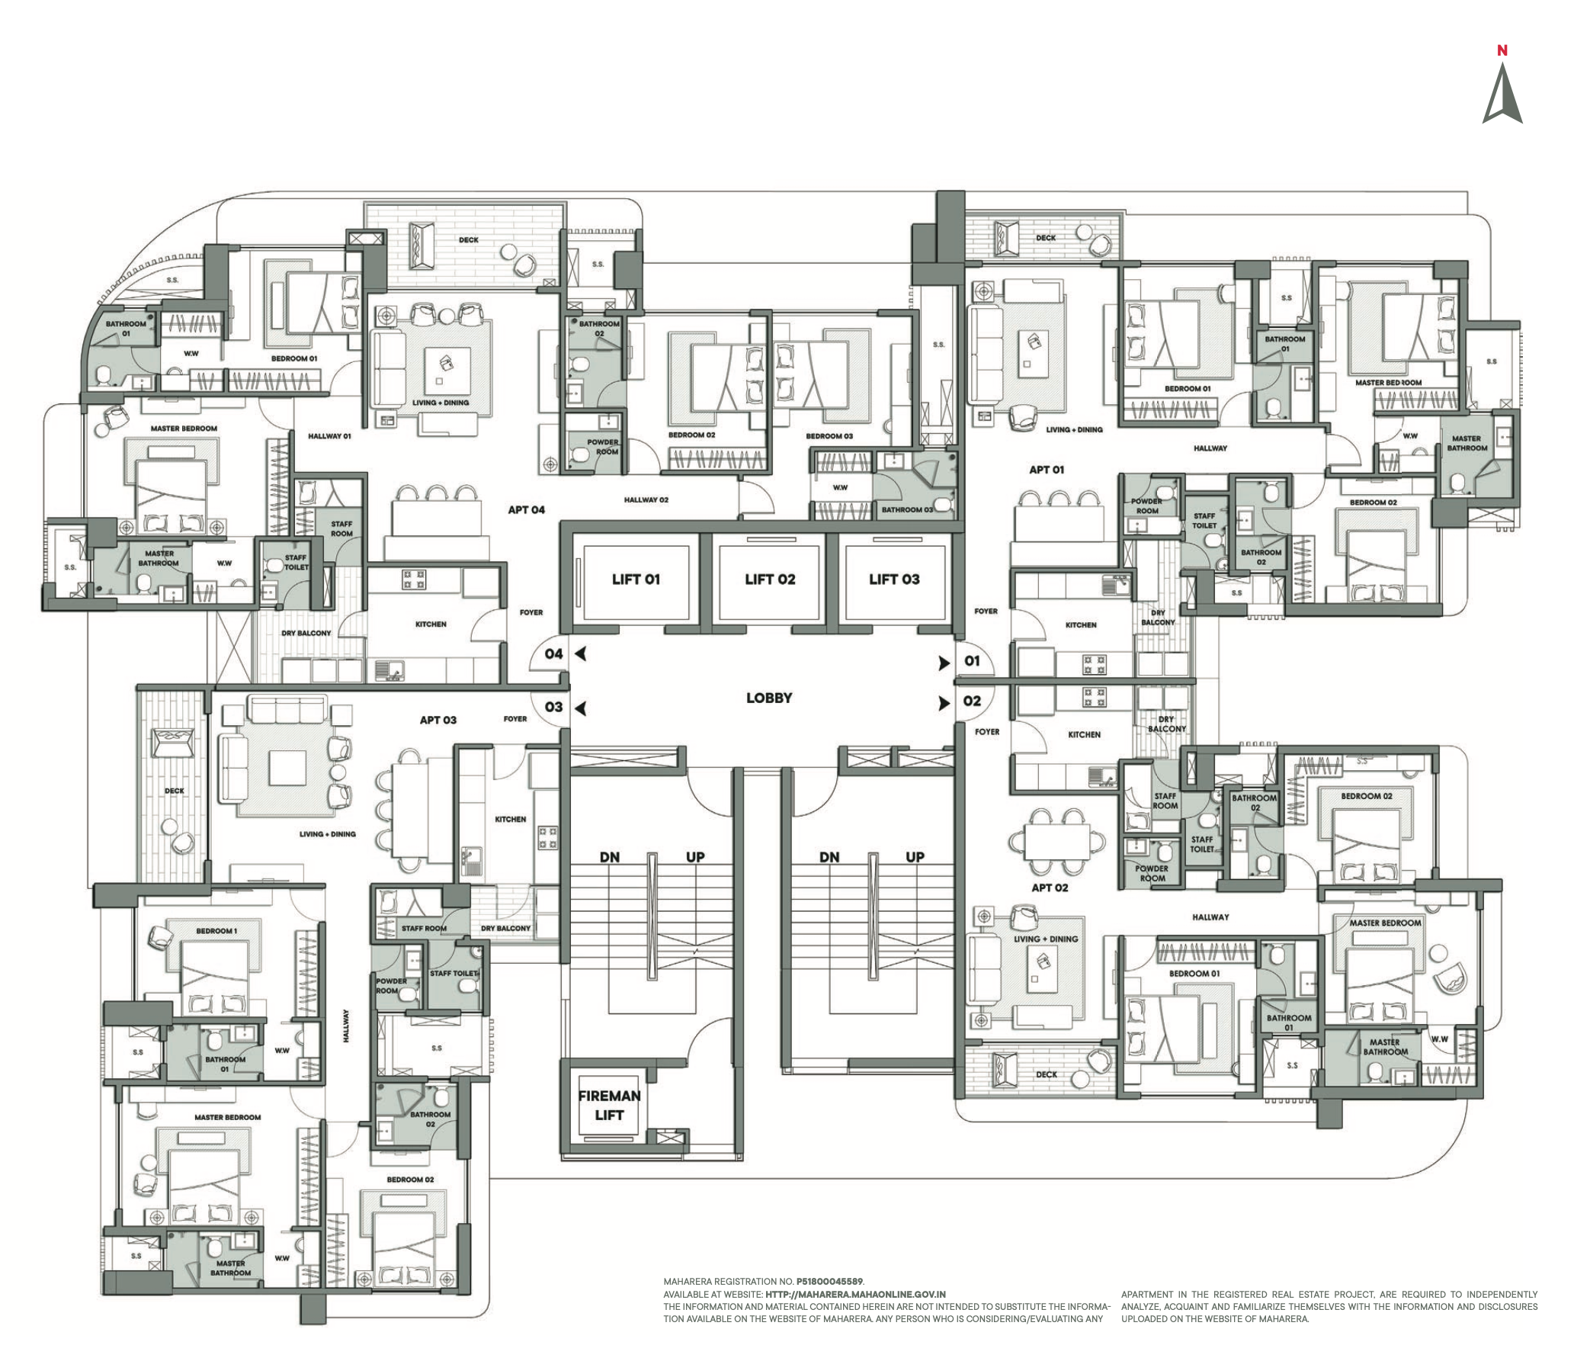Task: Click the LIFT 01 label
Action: tap(635, 579)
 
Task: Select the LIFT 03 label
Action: tap(894, 579)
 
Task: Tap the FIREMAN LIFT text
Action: tap(609, 1106)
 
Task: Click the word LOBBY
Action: tap(768, 698)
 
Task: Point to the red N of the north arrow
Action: tap(1502, 51)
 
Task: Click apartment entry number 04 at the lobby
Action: tap(553, 654)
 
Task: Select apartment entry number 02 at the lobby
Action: tap(972, 701)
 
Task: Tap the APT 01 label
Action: tap(1046, 470)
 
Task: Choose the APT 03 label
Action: tap(438, 720)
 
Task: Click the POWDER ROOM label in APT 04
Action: tap(603, 447)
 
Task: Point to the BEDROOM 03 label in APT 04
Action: tap(829, 436)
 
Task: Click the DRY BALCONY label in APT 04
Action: tap(306, 633)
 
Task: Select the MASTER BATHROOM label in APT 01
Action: tap(1467, 443)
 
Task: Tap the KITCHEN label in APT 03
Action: tap(510, 819)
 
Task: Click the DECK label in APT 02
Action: tap(1046, 1074)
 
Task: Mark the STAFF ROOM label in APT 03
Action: tap(424, 928)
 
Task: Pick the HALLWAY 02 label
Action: tap(646, 500)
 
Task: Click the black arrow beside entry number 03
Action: tap(581, 708)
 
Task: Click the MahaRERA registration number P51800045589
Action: tap(830, 1282)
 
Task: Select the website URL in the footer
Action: tap(855, 1294)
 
